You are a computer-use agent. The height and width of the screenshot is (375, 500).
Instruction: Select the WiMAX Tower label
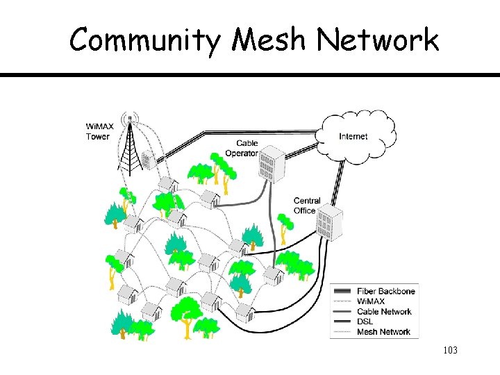(98, 131)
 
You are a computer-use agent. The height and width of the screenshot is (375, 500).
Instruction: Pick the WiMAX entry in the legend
(372, 301)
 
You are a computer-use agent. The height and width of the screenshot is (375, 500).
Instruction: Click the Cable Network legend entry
(384, 311)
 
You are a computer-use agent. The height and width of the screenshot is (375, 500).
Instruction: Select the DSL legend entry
(365, 322)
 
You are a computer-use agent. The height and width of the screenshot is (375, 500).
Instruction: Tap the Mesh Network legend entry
(383, 332)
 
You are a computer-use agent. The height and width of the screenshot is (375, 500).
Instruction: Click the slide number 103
(449, 350)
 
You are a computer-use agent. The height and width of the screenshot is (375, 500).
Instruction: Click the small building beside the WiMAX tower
(148, 160)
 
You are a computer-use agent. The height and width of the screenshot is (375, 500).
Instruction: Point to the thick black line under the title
(250, 74)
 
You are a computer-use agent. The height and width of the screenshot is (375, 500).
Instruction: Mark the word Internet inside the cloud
(353, 136)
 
